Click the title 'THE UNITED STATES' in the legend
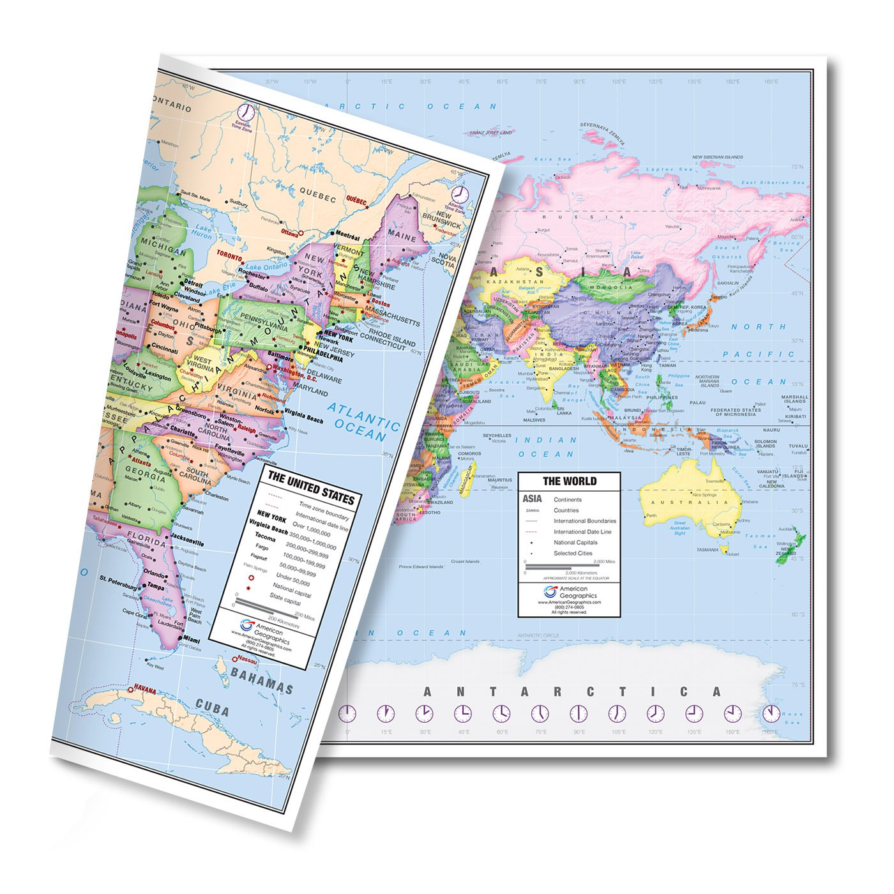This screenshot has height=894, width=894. click(x=310, y=487)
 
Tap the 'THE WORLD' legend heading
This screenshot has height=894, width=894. click(x=570, y=481)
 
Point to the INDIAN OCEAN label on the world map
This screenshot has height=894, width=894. click(x=545, y=447)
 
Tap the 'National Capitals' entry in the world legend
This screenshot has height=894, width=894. click(x=575, y=542)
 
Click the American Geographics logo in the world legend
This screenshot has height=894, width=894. click(x=550, y=591)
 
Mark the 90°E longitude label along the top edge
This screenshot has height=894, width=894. click(x=579, y=82)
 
